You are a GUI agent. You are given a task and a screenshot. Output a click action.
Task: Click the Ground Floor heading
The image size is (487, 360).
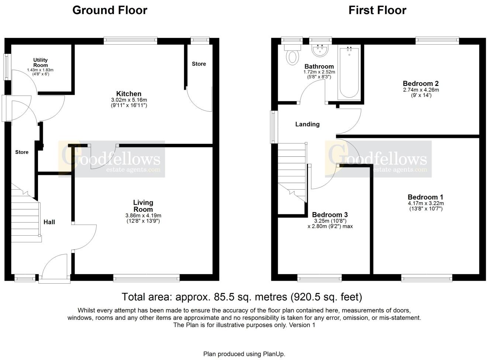click(x=110, y=10)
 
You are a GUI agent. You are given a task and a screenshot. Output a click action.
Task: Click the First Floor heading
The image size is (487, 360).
click(x=377, y=10)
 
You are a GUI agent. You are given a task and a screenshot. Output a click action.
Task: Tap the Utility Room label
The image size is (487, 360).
click(x=40, y=63)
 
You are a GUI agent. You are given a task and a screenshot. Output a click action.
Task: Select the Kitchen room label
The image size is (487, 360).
click(x=129, y=94)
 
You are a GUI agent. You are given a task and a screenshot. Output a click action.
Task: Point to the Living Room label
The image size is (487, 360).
click(x=143, y=206)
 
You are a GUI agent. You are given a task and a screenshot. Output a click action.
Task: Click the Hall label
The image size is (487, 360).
click(x=49, y=222)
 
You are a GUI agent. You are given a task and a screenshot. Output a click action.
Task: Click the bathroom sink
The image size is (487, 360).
click(x=320, y=51)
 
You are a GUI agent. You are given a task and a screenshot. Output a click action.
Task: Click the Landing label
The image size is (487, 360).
click(x=307, y=124)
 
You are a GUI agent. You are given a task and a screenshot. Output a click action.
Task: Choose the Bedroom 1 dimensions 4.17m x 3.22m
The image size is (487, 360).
click(x=425, y=203)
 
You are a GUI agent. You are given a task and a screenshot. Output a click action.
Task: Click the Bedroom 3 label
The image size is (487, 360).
click(x=330, y=215)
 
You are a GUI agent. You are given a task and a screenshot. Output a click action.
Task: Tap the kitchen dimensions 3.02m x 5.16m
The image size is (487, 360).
click(x=129, y=100)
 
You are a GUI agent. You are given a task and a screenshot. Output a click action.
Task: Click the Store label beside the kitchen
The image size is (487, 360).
click(x=199, y=64)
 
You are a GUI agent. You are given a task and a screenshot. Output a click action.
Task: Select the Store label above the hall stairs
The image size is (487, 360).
click(x=22, y=152)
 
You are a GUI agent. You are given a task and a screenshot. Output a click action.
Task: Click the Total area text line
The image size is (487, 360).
click(x=242, y=297)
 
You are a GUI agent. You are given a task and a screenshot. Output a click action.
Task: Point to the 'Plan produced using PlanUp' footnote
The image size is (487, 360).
click(x=244, y=354)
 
